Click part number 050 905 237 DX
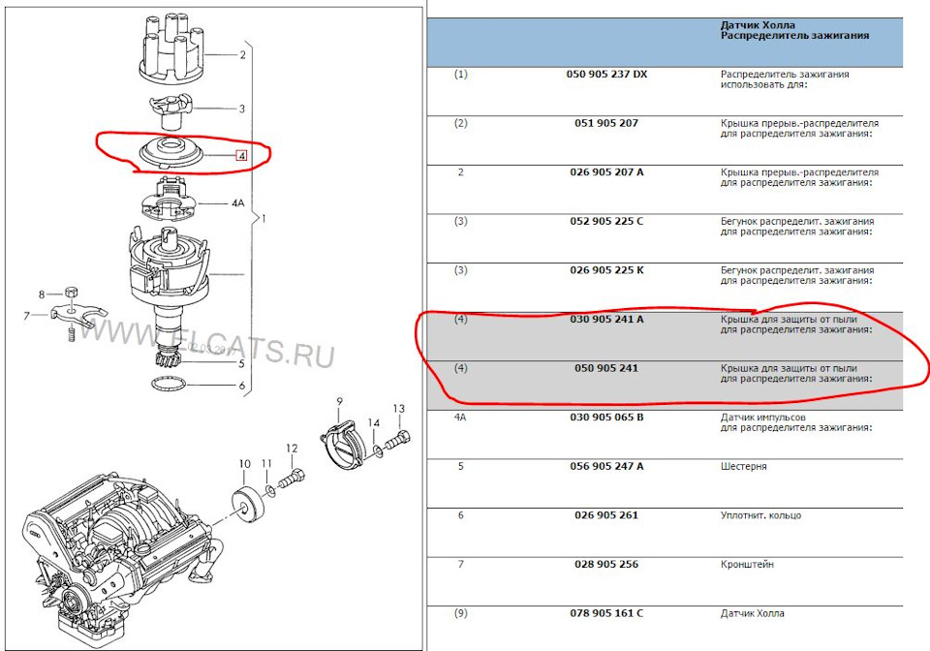tap(606, 75)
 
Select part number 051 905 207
tap(606, 123)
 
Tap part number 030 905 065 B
tap(606, 417)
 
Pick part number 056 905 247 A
tap(606, 466)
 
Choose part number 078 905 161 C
tap(606, 613)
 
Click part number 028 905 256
tap(606, 564)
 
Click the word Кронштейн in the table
tap(747, 565)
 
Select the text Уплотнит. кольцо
tap(761, 515)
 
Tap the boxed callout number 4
tap(241, 156)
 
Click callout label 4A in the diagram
tap(237, 202)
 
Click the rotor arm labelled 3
tap(170, 110)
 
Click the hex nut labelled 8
tap(71, 292)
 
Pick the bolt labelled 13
tap(398, 441)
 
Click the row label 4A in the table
tap(460, 417)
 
